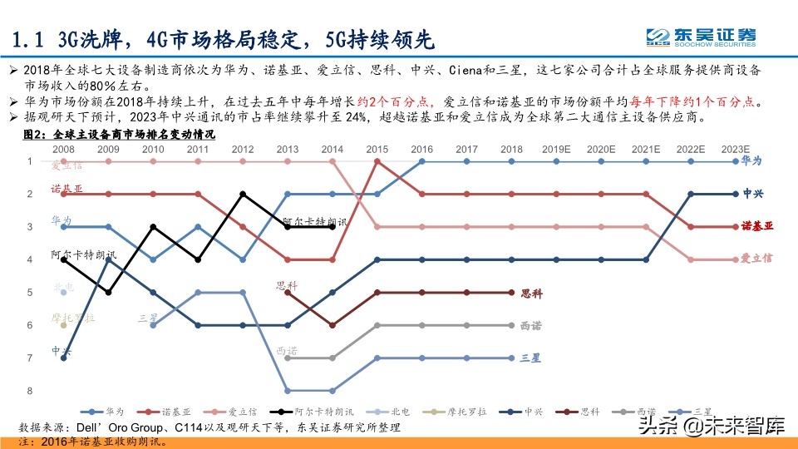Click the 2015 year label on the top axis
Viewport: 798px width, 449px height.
[x=377, y=149]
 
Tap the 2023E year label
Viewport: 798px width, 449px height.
[x=735, y=149]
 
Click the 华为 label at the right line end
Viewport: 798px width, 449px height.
[x=751, y=160]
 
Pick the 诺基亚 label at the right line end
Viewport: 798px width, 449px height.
[x=756, y=226]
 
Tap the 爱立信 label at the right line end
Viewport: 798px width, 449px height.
[x=756, y=259]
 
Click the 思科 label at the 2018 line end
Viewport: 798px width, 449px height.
[x=531, y=293]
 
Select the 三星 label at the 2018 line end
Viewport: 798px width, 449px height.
[x=530, y=358]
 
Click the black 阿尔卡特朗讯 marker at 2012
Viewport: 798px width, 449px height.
[x=243, y=194]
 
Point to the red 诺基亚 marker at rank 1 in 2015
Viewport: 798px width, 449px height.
[x=377, y=161]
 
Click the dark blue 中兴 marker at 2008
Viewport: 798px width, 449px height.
[x=63, y=358]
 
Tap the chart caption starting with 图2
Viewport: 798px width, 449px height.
[x=117, y=134]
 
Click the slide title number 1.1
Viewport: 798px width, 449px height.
[x=31, y=39]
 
